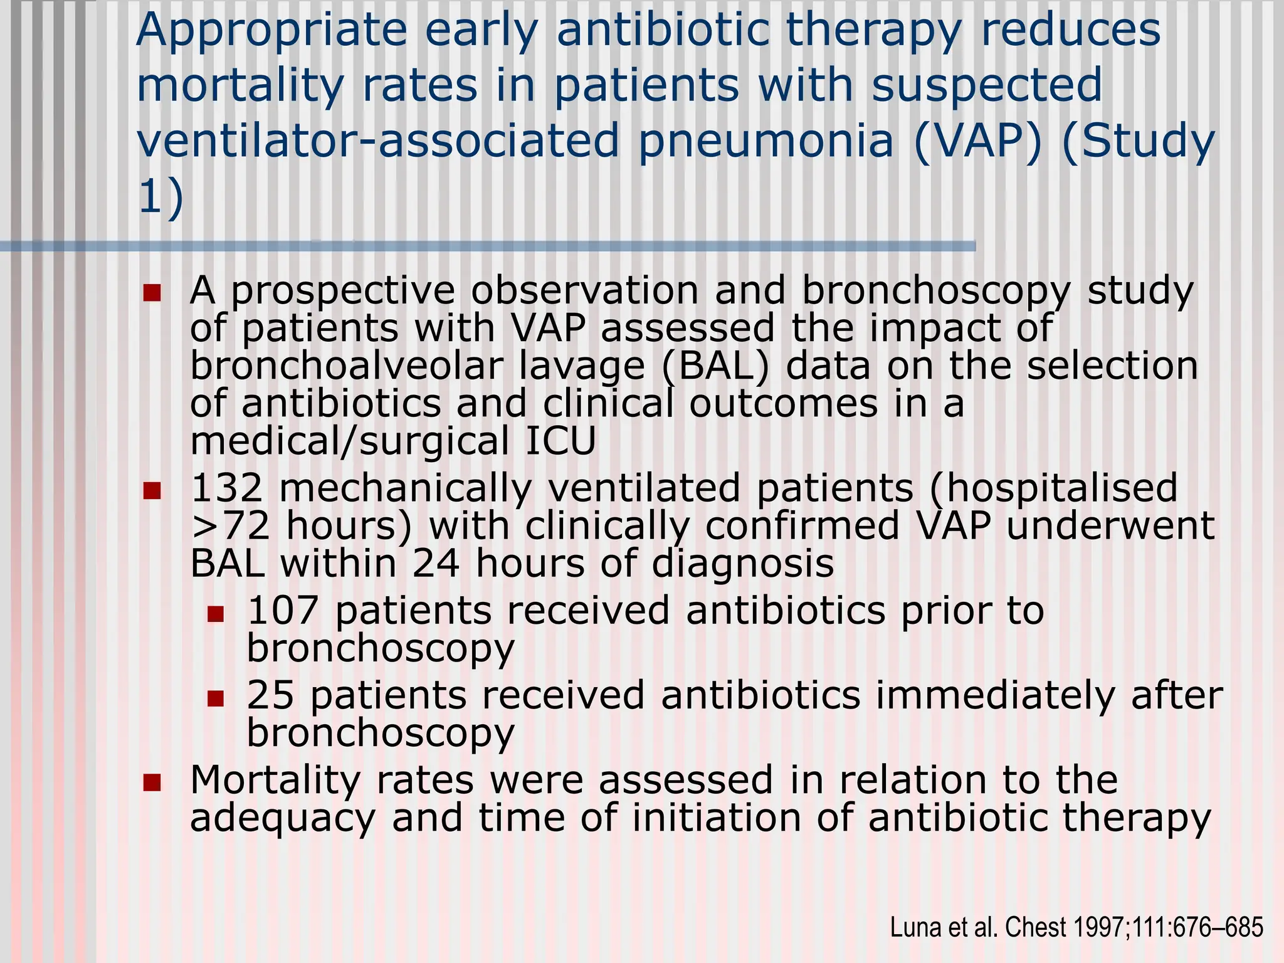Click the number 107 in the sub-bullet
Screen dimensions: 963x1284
tap(283, 610)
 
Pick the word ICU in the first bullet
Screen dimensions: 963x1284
tap(560, 441)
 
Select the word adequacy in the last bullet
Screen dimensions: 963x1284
tap(282, 818)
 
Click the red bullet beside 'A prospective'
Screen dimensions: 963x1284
tap(152, 293)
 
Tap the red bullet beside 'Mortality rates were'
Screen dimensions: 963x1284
tap(152, 782)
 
